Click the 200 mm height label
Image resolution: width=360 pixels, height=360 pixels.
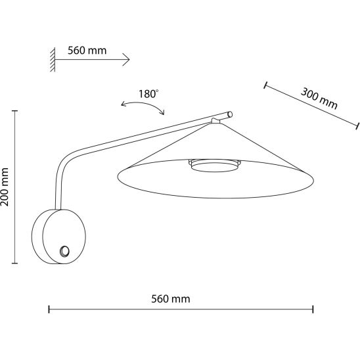click(x=5, y=187)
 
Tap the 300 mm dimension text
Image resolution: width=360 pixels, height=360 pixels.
click(x=319, y=99)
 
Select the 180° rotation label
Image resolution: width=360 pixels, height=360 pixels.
click(x=148, y=94)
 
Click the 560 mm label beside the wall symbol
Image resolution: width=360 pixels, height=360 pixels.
click(x=87, y=51)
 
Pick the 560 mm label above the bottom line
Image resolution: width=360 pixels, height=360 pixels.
click(x=171, y=299)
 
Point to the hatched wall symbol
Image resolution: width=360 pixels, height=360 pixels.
click(x=53, y=60)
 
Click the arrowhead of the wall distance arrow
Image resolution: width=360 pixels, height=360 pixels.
click(x=126, y=60)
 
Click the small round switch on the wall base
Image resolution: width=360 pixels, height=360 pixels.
click(x=64, y=251)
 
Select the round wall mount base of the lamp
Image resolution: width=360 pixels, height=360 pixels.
click(x=58, y=236)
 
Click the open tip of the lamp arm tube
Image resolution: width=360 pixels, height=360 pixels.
click(x=230, y=114)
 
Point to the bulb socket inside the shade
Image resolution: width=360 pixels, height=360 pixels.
click(x=214, y=166)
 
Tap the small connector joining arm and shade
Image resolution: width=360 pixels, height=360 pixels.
click(x=215, y=121)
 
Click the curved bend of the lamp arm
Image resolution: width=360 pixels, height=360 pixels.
click(x=66, y=161)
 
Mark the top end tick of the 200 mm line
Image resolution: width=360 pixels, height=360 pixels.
click(x=14, y=111)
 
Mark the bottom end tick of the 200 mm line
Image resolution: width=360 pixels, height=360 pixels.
click(x=14, y=263)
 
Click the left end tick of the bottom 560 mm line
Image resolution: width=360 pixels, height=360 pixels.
click(x=49, y=309)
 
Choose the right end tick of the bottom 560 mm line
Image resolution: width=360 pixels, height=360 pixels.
click(x=313, y=309)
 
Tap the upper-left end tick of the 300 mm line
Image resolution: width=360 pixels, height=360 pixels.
click(x=265, y=85)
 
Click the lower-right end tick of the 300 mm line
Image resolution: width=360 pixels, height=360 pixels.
click(x=357, y=126)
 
